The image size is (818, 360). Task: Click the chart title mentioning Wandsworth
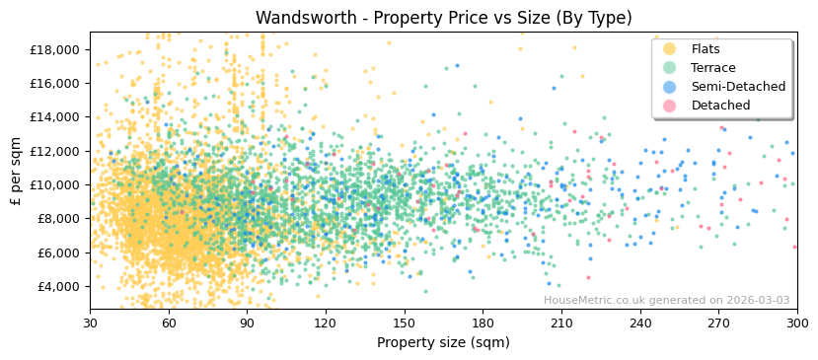click(x=443, y=18)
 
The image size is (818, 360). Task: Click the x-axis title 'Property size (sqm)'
click(x=443, y=343)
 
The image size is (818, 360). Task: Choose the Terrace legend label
click(x=713, y=68)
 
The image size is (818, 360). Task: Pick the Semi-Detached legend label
click(x=738, y=87)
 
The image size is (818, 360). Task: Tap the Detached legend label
click(x=720, y=106)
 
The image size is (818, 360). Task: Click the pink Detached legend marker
click(x=670, y=106)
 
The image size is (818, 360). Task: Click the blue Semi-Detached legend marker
click(x=670, y=87)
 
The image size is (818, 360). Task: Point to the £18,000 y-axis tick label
click(x=56, y=49)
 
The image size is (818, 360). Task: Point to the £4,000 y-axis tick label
click(x=59, y=287)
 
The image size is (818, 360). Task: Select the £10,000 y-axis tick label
click(x=56, y=185)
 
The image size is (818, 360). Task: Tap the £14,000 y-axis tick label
click(x=56, y=117)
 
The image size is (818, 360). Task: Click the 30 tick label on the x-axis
click(x=90, y=323)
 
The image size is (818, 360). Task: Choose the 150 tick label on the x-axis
click(x=404, y=323)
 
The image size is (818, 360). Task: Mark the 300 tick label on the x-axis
click(x=796, y=323)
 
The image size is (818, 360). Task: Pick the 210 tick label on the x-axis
click(x=560, y=323)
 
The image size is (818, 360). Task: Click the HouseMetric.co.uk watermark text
click(x=666, y=300)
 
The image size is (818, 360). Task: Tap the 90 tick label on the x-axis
click(x=247, y=323)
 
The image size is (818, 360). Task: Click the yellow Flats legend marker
click(x=670, y=49)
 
